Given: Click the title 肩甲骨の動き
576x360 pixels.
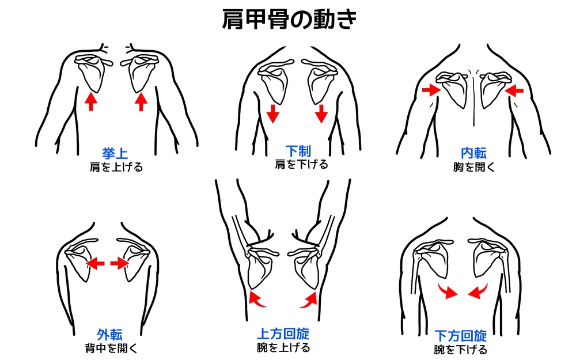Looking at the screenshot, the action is (289, 19).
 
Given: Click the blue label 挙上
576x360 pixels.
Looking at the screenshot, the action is (115, 153).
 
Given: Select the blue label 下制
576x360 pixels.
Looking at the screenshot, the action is (298, 150).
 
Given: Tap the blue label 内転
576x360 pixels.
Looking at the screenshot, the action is (473, 153).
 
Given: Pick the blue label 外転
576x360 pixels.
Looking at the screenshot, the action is (109, 335).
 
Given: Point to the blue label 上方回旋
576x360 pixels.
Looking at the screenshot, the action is (283, 334).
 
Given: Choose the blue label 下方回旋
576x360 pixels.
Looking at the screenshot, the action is (461, 336).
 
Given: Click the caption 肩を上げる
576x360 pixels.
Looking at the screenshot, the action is (116, 167).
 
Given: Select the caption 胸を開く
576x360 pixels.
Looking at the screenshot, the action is (474, 167).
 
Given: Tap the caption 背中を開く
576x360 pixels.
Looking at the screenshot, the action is (111, 348).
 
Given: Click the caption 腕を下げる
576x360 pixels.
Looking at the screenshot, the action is (460, 350).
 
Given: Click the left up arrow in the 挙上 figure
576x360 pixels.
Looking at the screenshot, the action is (91, 102).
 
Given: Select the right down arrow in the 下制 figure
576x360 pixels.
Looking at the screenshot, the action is (321, 113).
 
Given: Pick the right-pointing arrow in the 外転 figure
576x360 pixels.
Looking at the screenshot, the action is (119, 263).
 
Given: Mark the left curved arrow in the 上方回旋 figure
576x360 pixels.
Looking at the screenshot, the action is (257, 298).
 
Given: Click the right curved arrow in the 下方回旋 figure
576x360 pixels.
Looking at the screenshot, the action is (478, 291).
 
